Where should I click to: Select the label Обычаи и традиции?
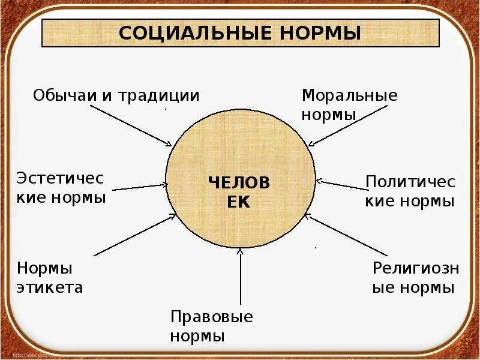click(x=116, y=95)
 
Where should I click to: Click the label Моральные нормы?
click(x=350, y=104)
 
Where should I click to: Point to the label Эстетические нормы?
click(x=61, y=187)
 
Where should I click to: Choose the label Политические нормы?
click(x=410, y=191)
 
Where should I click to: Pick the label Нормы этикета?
click(x=50, y=277)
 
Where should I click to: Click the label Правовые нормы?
click(x=211, y=326)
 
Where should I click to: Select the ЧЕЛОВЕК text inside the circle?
click(x=239, y=191)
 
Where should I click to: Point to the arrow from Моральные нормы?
click(x=341, y=125)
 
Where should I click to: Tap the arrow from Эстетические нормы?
click(x=140, y=187)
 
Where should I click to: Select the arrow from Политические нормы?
click(x=340, y=185)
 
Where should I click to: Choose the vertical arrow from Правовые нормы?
click(x=240, y=276)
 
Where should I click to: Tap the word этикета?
click(x=50, y=287)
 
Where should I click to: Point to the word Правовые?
click(x=211, y=316)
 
